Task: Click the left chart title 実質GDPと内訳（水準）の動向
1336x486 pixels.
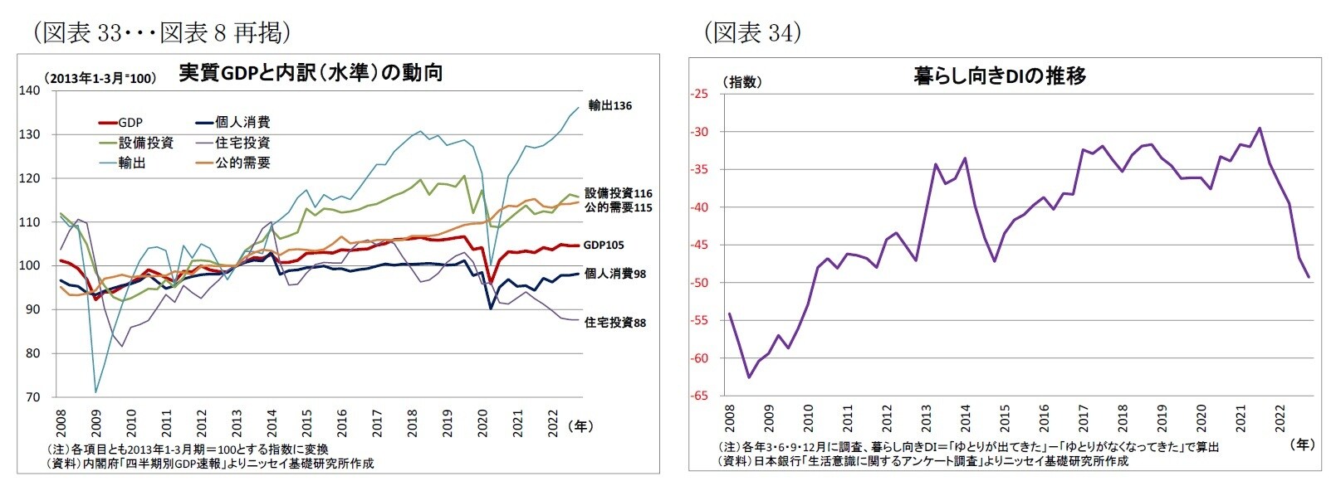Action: tap(311, 73)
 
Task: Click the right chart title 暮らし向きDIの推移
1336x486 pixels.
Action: tap(999, 76)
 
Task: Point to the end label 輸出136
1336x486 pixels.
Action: tap(609, 105)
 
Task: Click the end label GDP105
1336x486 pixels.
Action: tap(604, 245)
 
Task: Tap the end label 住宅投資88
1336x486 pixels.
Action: tap(614, 322)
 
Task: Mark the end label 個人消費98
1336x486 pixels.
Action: tap(614, 273)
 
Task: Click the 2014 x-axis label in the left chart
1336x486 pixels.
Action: tap(272, 422)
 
